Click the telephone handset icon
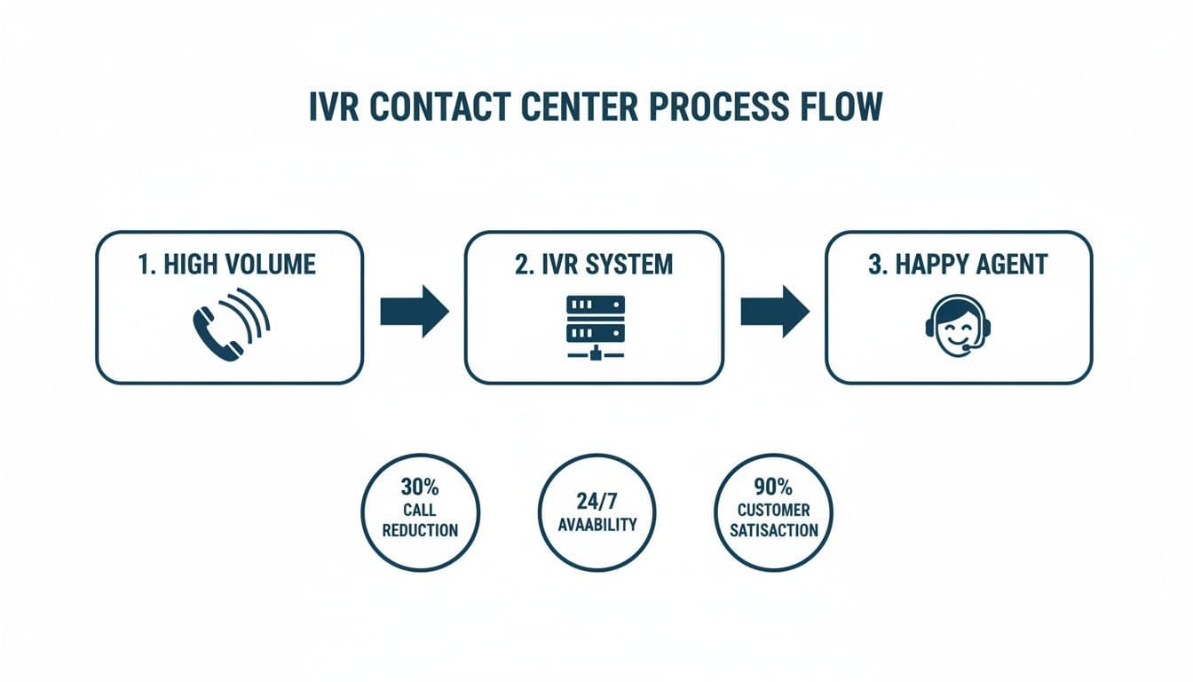218,333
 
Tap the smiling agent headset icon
958,329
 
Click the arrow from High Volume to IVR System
414,311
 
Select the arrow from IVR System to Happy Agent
774,311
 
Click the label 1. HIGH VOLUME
228,265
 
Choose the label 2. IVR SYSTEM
594,265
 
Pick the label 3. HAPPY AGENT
958,265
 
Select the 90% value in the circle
773,489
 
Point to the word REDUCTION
420,531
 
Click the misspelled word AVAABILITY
596,524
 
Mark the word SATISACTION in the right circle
773,531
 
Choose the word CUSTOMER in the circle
773,511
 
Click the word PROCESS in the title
718,107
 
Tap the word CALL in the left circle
420,511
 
